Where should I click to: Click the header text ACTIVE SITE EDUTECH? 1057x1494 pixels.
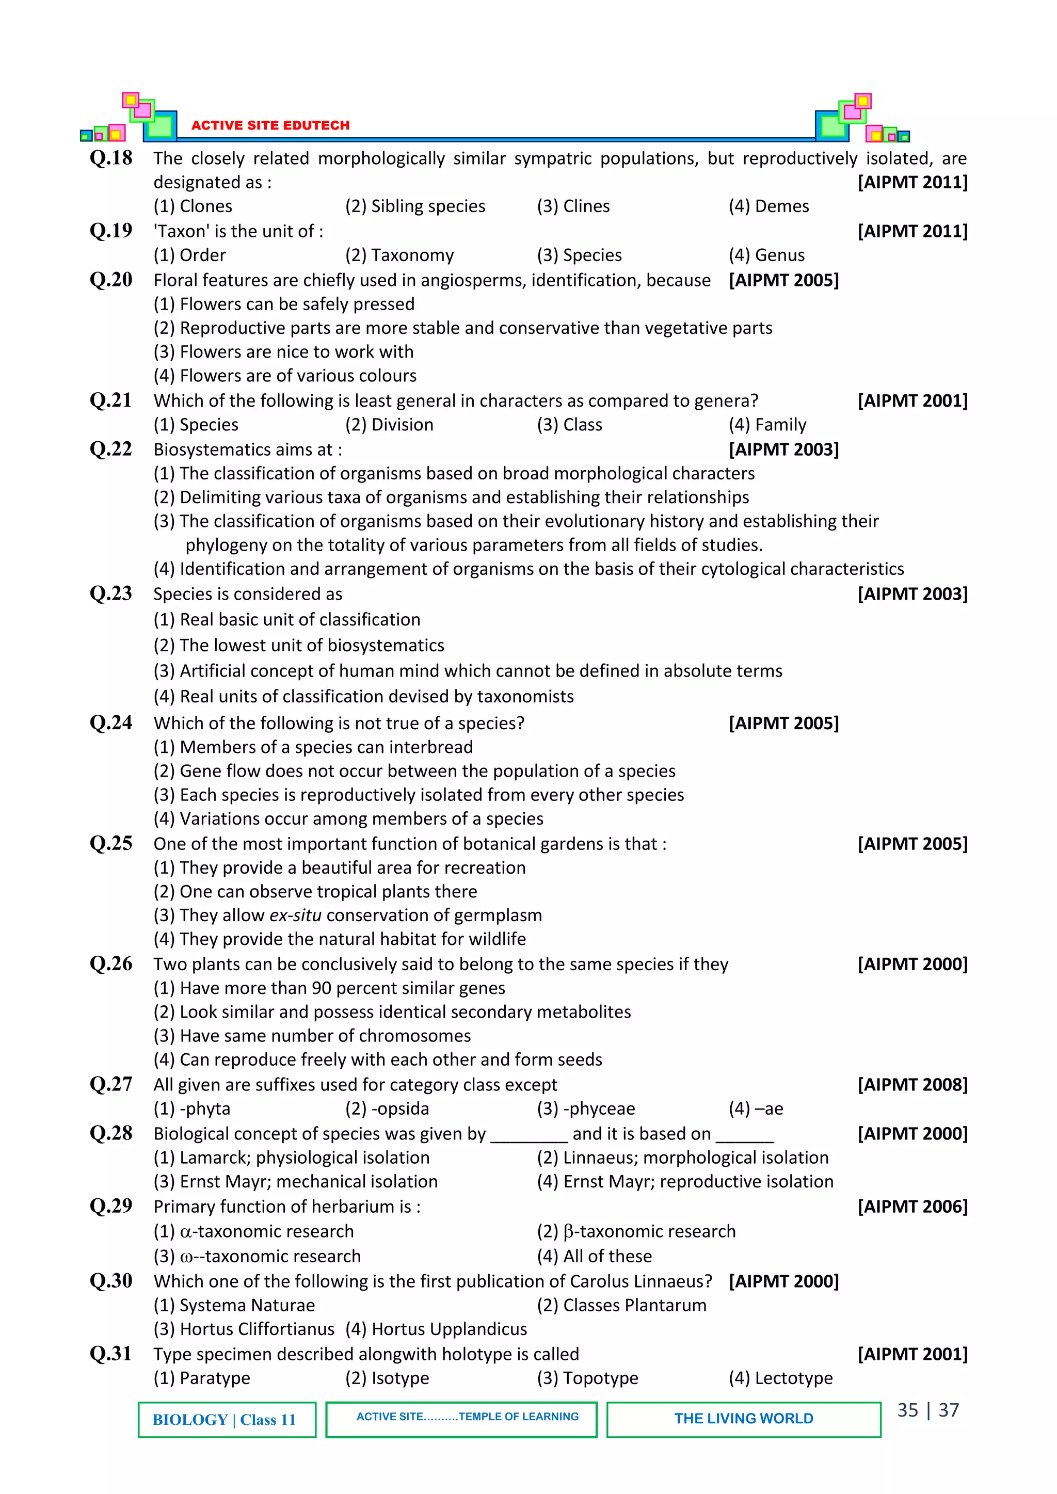270,125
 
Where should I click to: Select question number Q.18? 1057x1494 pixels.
110,158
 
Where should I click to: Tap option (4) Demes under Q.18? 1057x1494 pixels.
768,206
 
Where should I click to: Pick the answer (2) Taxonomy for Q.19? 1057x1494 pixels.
399,255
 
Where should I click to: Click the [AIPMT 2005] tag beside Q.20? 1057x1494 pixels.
783,280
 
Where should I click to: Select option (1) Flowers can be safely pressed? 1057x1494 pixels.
284,304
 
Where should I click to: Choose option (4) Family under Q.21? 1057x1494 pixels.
767,424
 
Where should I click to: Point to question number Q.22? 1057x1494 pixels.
110,449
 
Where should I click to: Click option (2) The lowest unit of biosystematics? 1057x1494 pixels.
299,645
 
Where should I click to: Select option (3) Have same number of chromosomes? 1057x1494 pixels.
312,1035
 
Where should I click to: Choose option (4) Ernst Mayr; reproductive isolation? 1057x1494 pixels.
685,1181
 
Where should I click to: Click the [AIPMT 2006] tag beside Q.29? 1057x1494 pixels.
912,1207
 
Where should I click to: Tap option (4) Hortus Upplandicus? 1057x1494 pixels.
436,1329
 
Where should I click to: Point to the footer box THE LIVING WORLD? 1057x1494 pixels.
743,1419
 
